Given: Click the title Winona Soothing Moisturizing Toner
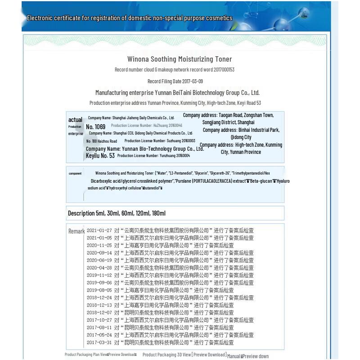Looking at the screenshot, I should [x=180, y=59].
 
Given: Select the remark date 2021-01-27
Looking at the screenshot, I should [x=99, y=230].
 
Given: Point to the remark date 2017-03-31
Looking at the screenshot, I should [x=99, y=342].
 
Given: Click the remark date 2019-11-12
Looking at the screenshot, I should [x=99, y=275].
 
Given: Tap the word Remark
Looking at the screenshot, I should [x=76, y=231].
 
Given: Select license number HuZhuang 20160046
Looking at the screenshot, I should [x=146, y=126].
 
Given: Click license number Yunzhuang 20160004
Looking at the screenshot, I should [x=153, y=156].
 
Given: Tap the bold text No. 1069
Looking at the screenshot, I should [x=95, y=126].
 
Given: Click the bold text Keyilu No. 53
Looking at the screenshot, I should [x=100, y=156].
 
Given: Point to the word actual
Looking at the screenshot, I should [x=75, y=120].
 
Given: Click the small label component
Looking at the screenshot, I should [x=75, y=173].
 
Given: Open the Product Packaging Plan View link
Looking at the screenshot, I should [x=86, y=355].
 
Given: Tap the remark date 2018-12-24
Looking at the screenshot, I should [x=99, y=297].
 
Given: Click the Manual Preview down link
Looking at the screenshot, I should [x=247, y=356].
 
